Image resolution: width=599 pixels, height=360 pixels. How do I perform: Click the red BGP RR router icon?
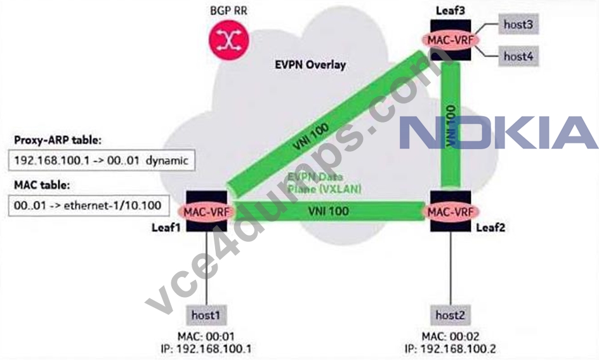click(229, 40)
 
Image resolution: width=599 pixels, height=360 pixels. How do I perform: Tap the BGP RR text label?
click(228, 10)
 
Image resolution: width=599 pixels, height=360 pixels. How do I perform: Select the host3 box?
click(518, 24)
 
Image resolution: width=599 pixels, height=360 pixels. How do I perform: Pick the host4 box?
click(518, 56)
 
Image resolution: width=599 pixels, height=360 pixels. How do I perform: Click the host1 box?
click(206, 315)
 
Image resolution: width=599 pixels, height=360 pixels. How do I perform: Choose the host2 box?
click(451, 315)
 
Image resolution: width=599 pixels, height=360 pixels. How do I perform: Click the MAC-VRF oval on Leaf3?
click(451, 40)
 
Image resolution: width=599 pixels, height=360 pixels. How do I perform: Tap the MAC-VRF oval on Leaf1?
click(207, 211)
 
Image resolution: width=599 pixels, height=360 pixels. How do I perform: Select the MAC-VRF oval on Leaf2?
click(451, 211)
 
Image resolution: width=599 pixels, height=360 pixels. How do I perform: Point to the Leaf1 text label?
click(166, 227)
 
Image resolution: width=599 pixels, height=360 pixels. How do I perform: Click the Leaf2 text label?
click(490, 228)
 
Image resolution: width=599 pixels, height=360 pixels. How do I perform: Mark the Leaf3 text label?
click(451, 10)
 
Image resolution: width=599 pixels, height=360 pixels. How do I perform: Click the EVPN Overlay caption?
click(310, 65)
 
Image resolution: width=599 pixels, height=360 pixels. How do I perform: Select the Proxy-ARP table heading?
click(58, 140)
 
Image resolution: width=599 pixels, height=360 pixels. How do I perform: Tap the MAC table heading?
click(42, 185)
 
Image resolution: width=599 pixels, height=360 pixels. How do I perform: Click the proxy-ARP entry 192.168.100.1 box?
click(102, 161)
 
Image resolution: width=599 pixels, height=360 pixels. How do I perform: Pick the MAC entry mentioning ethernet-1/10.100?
click(89, 206)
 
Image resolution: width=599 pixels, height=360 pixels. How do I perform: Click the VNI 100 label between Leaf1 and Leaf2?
click(329, 211)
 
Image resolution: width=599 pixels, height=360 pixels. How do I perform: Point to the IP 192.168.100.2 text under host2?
click(451, 349)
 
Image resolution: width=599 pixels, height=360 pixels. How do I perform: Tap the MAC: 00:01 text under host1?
click(206, 337)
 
